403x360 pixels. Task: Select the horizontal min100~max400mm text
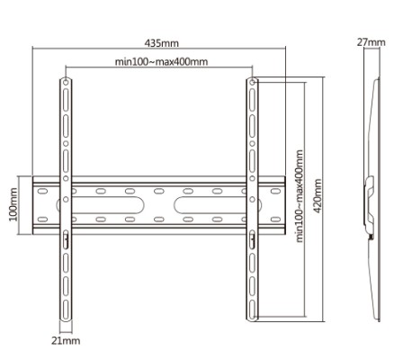161,61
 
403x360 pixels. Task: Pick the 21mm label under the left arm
65,340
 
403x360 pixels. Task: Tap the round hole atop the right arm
252,82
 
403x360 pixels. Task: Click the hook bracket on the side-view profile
370,198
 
